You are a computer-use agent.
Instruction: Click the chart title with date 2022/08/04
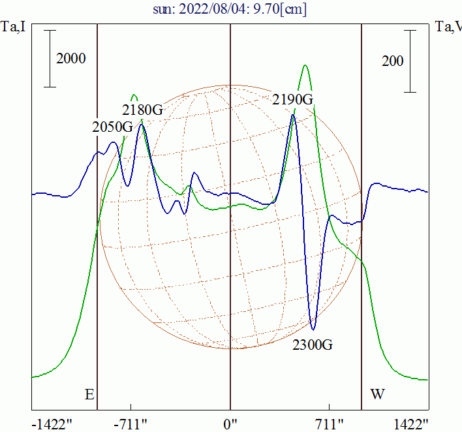pos(230,9)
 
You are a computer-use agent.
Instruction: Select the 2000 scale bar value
pos(71,59)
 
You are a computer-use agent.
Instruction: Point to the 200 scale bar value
pos(392,61)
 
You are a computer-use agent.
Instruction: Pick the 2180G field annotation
pos(142,109)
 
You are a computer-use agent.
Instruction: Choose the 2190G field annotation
pos(293,99)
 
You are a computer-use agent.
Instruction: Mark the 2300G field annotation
pos(312,345)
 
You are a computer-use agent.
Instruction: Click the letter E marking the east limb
pos(89,394)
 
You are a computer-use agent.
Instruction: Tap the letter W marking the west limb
pos(377,394)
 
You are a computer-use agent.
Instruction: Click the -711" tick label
pos(131,424)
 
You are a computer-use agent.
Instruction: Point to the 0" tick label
pos(230,424)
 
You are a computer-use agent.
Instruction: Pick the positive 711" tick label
pos(330,424)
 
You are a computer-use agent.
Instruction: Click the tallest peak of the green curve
pos(305,65)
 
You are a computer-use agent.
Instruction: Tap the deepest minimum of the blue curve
pos(314,329)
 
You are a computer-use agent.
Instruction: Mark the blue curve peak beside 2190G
pos(293,116)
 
